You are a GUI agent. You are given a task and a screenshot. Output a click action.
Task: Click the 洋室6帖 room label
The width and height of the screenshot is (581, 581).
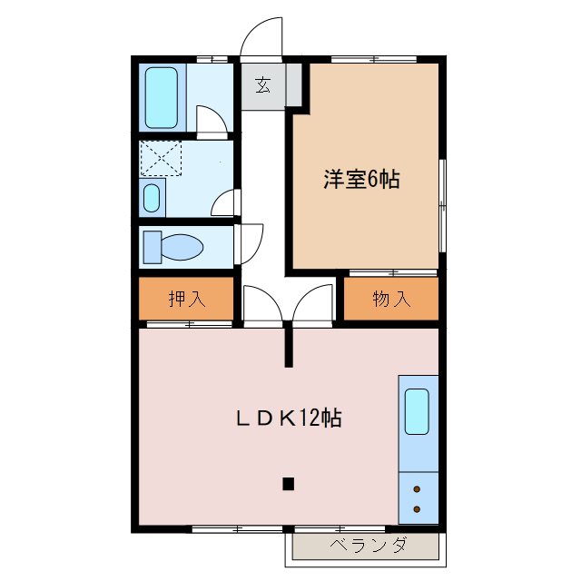pyautogui.click(x=360, y=179)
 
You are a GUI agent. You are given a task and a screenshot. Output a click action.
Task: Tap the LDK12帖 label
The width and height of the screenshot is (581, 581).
pyautogui.click(x=289, y=419)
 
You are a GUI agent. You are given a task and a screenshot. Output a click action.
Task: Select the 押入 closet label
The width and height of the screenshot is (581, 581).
pyautogui.click(x=186, y=299)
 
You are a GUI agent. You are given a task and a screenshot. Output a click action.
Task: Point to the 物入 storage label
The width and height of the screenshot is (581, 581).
pyautogui.click(x=391, y=299)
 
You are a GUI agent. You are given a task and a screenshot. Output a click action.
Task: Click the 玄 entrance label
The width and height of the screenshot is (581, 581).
pyautogui.click(x=262, y=86)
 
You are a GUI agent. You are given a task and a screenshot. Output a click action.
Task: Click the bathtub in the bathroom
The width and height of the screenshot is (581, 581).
pyautogui.click(x=162, y=97)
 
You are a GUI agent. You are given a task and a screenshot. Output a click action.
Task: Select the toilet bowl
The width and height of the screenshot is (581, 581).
pyautogui.click(x=174, y=246)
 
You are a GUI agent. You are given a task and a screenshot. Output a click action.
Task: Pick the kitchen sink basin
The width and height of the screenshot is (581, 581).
pyautogui.click(x=417, y=411)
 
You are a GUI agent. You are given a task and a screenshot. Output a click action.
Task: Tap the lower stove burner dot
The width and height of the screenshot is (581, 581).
pyautogui.click(x=417, y=509)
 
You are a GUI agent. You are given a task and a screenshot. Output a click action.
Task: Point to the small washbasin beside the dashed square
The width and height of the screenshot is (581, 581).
pyautogui.click(x=153, y=197)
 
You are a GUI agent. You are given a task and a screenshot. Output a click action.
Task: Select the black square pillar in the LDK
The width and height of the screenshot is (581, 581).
pyautogui.click(x=288, y=483)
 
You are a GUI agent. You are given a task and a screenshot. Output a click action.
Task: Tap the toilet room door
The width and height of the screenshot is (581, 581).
pyautogui.click(x=249, y=242)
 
